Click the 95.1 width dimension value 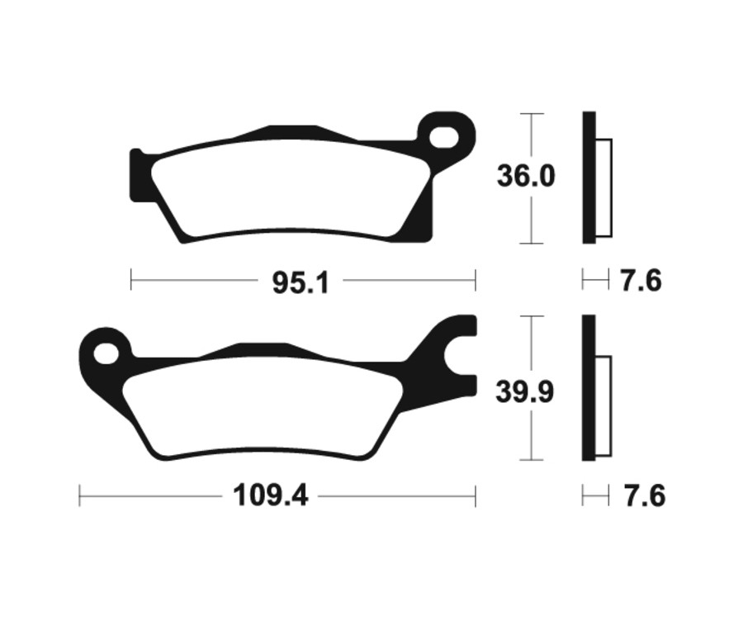[x=301, y=282]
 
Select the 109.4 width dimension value [x=270, y=497]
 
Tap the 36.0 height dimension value [x=525, y=177]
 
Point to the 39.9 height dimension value [x=525, y=391]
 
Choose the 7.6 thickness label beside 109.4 [x=641, y=497]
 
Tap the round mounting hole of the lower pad [x=105, y=354]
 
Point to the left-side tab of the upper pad [x=139, y=175]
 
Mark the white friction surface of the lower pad [x=264, y=410]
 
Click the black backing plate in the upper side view [x=588, y=178]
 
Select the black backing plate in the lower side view [x=588, y=388]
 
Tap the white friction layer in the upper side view [x=603, y=188]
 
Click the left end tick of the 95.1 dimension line [x=131, y=280]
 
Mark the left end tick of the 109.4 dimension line [x=79, y=496]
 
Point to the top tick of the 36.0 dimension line [x=532, y=113]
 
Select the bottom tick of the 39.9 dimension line [x=532, y=460]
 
